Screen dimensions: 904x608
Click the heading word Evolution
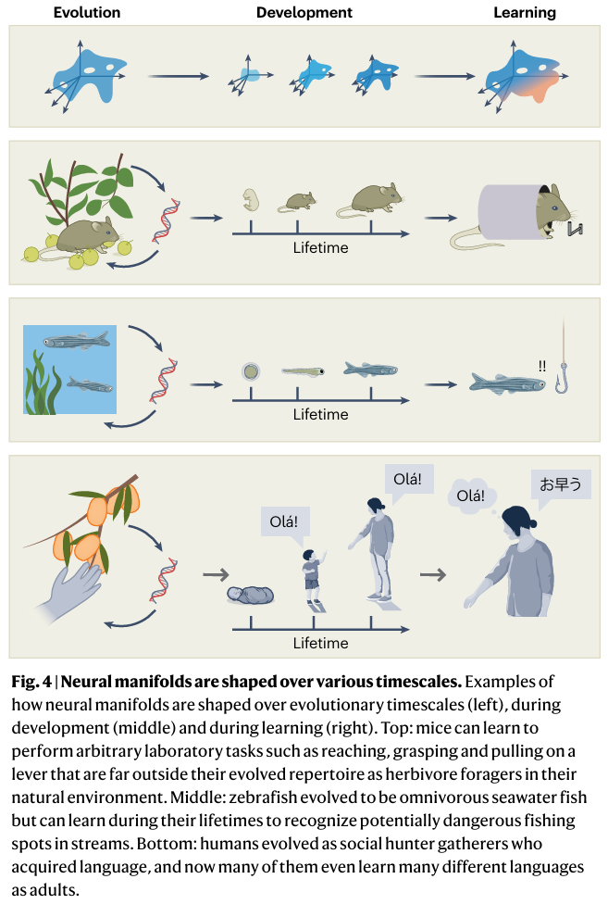pyautogui.click(x=86, y=13)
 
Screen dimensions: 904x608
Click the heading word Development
pyautogui.click(x=304, y=13)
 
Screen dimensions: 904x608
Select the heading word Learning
pyautogui.click(x=524, y=13)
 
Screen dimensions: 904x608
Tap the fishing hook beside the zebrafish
pyautogui.click(x=562, y=380)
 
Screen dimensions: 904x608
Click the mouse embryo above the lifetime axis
pyautogui.click(x=248, y=201)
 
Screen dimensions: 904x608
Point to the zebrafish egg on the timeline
pyautogui.click(x=250, y=372)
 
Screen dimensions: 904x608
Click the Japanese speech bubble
pyautogui.click(x=561, y=484)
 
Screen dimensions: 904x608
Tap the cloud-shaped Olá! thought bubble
pyautogui.click(x=470, y=496)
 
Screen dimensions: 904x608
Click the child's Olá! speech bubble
pyautogui.click(x=283, y=521)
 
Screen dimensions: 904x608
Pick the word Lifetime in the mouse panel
pyautogui.click(x=320, y=247)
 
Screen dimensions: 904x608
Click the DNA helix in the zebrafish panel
pyautogui.click(x=168, y=374)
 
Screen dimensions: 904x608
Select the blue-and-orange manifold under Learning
pyautogui.click(x=524, y=78)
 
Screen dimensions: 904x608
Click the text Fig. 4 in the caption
pyautogui.click(x=30, y=681)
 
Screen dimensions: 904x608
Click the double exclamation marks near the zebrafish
pyautogui.click(x=542, y=365)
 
